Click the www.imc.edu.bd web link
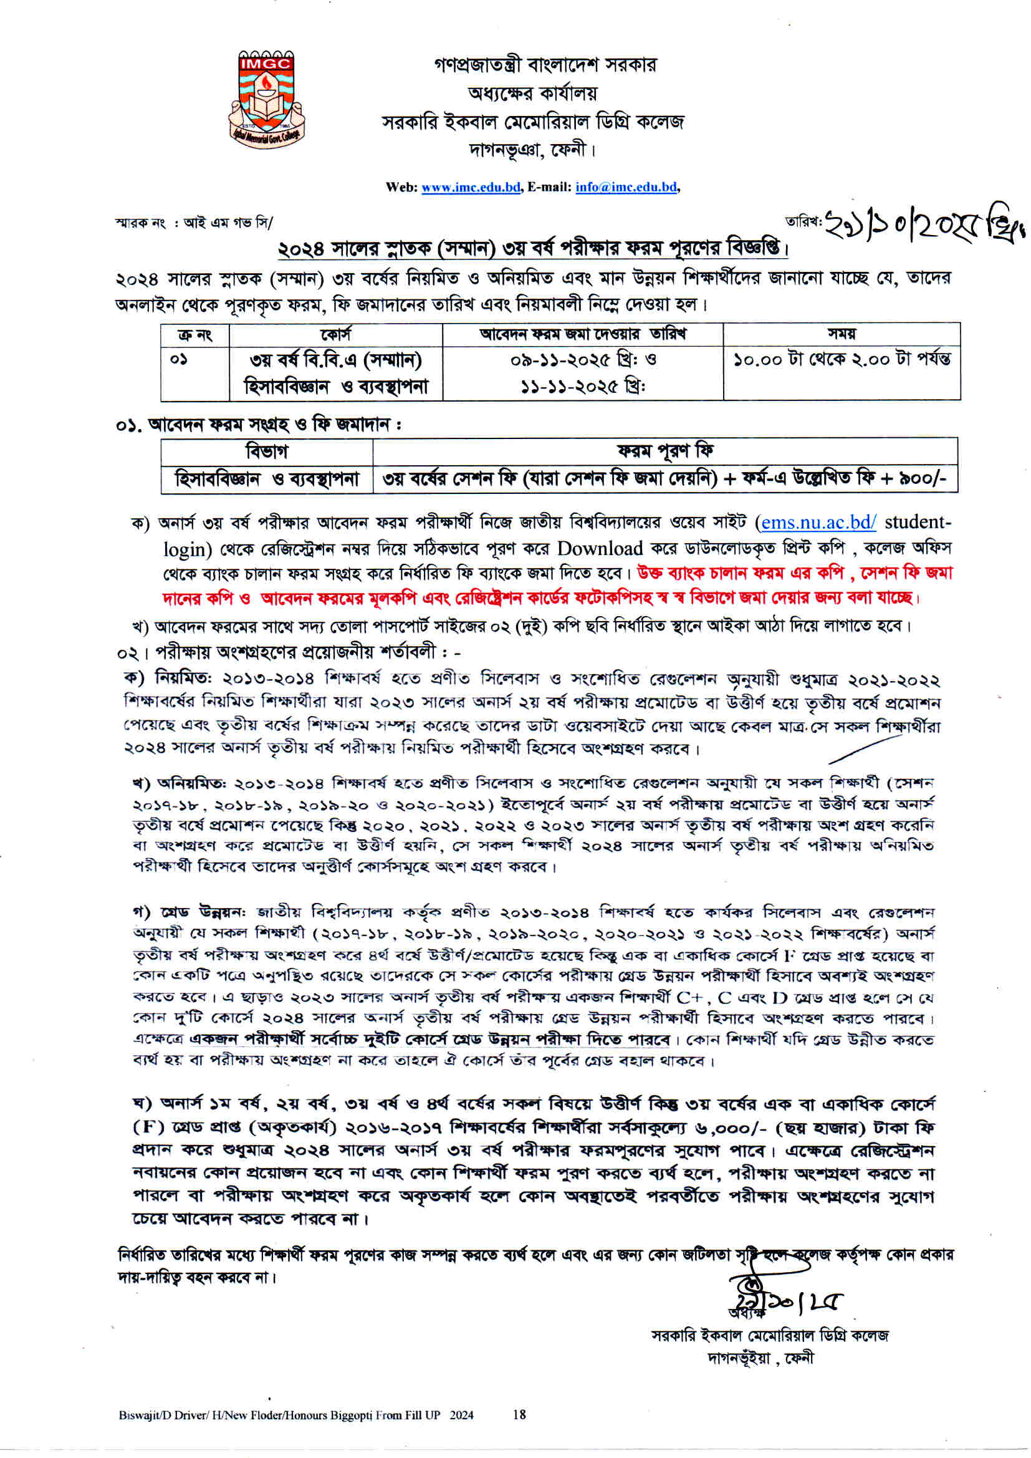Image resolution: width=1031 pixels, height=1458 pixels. click(x=471, y=187)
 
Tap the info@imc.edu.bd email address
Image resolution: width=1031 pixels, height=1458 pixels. click(x=626, y=187)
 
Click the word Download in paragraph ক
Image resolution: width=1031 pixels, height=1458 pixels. click(x=600, y=549)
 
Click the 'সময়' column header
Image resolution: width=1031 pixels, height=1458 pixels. click(x=841, y=334)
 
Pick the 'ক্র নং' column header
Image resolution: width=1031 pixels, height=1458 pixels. click(x=195, y=335)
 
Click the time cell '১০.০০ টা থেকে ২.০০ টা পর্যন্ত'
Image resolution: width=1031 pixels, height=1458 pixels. click(x=842, y=359)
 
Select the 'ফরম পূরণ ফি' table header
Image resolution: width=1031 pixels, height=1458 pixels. click(x=664, y=451)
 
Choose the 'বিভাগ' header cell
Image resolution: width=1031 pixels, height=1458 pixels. click(x=267, y=451)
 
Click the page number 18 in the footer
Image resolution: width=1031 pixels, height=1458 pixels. click(x=519, y=1414)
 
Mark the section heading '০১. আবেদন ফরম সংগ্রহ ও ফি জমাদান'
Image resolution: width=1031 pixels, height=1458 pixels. click(x=259, y=424)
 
